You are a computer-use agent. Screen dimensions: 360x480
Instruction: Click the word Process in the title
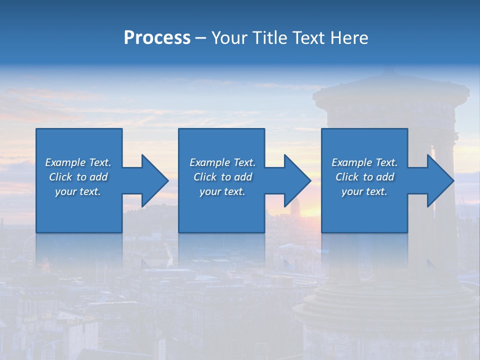tap(157, 38)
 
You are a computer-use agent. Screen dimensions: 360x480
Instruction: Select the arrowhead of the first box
tap(152, 180)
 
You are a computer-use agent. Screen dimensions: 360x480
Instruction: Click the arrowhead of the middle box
tap(295, 180)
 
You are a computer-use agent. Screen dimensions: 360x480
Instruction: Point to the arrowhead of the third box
tap(438, 180)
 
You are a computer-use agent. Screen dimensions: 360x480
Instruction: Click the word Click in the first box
tap(60, 177)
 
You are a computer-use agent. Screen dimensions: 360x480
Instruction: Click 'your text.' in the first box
tap(78, 191)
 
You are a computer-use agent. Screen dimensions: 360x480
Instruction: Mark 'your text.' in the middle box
tap(222, 191)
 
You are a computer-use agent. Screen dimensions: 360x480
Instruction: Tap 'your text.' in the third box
tap(364, 191)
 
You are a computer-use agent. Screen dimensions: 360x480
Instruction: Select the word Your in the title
tap(229, 38)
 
